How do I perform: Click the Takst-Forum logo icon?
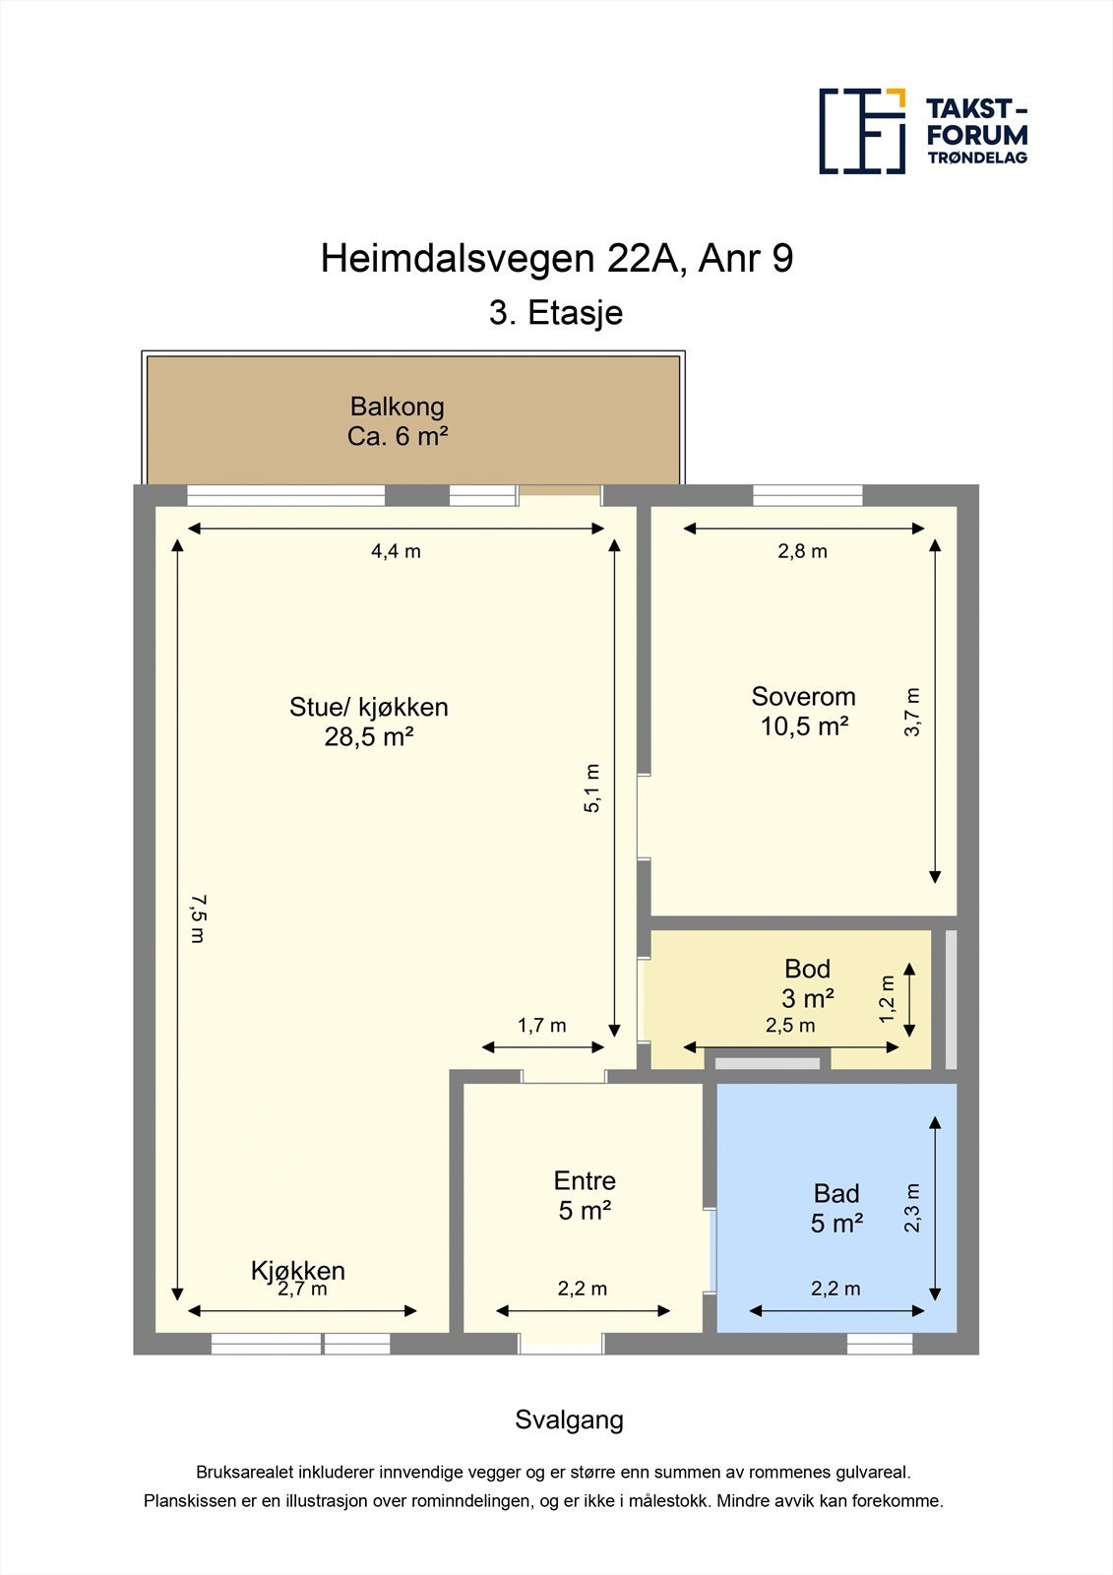click(x=862, y=131)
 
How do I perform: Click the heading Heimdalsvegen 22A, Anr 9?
click(x=556, y=259)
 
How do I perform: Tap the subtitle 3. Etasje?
click(x=556, y=313)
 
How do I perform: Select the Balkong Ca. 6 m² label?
click(x=398, y=421)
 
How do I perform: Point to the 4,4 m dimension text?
click(x=396, y=551)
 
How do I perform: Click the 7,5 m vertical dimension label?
click(x=198, y=918)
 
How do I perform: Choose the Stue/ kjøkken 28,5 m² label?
click(x=369, y=722)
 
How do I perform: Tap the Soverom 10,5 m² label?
click(x=803, y=711)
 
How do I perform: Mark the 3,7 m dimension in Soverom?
click(x=912, y=712)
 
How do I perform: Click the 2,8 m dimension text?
click(x=802, y=551)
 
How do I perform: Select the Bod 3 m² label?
click(x=808, y=983)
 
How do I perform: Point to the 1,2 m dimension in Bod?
click(x=888, y=998)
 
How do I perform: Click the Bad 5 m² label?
click(x=836, y=1208)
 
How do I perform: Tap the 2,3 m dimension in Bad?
click(x=912, y=1207)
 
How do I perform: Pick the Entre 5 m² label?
click(x=585, y=1195)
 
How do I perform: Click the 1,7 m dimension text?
click(x=541, y=1026)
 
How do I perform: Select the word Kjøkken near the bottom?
click(x=297, y=1270)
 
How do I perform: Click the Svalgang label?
click(x=569, y=1419)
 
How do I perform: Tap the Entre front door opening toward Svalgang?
click(x=561, y=1344)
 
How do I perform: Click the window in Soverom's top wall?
click(x=807, y=495)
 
